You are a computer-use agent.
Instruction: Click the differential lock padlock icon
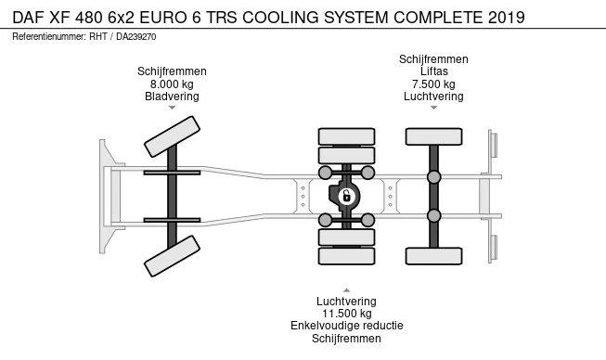pyautogui.click(x=347, y=196)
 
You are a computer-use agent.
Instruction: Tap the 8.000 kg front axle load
pyautogui.click(x=172, y=84)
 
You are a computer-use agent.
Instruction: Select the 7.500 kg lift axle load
pyautogui.click(x=433, y=84)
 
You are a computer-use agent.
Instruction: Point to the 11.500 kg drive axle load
pyautogui.click(x=347, y=314)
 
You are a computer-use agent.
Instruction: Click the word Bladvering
pyautogui.click(x=172, y=96)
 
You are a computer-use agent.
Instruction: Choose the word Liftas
pyautogui.click(x=434, y=71)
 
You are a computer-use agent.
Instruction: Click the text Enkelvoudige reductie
pyautogui.click(x=347, y=326)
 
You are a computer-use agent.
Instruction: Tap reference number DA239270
pyautogui.click(x=136, y=37)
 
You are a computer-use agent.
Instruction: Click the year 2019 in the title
pyautogui.click(x=507, y=18)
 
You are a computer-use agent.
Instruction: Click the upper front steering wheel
pyautogui.click(x=172, y=136)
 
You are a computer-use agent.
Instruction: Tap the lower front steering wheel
pyautogui.click(x=172, y=256)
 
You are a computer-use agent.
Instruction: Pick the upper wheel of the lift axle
pyautogui.click(x=433, y=136)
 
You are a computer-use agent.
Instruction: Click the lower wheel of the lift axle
pyautogui.click(x=433, y=256)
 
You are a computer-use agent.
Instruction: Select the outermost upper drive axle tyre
pyautogui.click(x=346, y=136)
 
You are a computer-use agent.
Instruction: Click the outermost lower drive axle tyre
pyautogui.click(x=346, y=256)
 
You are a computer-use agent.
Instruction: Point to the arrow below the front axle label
pyautogui.click(x=172, y=108)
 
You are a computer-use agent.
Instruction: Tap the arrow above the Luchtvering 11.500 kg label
pyautogui.click(x=347, y=290)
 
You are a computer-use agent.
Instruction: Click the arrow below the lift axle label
pyautogui.click(x=433, y=108)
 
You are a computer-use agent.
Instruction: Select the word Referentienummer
pyautogui.click(x=49, y=37)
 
